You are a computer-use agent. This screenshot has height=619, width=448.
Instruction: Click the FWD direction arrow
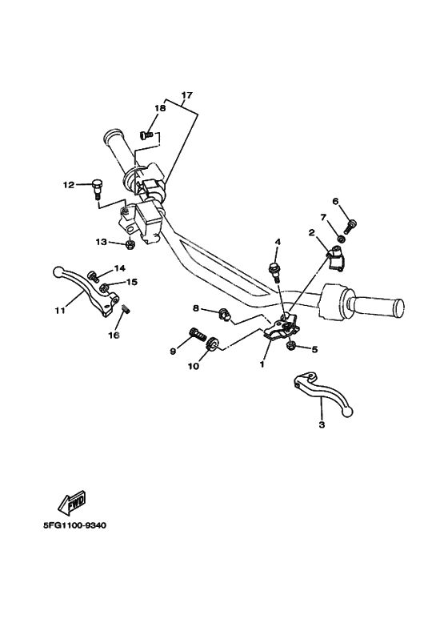[71, 503]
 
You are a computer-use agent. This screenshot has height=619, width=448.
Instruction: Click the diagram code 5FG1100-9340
[74, 526]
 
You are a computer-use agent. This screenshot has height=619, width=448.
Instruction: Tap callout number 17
[186, 95]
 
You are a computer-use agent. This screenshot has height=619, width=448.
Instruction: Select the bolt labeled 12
[96, 188]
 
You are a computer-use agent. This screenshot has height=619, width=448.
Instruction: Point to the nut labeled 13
[129, 245]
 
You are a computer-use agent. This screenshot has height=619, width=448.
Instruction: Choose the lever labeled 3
[323, 393]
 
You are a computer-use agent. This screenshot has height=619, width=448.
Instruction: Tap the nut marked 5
[292, 346]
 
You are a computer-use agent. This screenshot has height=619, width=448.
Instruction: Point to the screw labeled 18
[146, 135]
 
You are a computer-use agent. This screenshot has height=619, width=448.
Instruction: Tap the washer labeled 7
[341, 239]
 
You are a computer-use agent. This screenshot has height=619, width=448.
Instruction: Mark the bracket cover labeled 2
[336, 258]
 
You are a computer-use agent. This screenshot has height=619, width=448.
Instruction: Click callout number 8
[196, 307]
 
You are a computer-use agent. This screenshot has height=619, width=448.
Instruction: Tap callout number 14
[119, 268]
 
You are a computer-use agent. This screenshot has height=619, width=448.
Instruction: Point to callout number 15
[132, 281]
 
